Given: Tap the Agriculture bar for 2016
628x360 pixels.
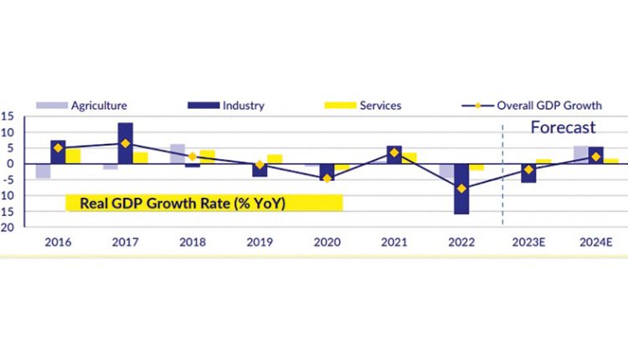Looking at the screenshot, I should click(x=43, y=171).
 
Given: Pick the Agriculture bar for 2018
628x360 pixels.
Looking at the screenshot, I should click(x=178, y=154).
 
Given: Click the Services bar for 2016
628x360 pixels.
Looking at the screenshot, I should click(x=73, y=157).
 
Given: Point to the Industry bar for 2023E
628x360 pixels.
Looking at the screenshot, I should click(x=528, y=173).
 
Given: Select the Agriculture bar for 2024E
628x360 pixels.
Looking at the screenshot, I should click(x=580, y=155).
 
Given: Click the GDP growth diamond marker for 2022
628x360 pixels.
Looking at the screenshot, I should click(x=461, y=188).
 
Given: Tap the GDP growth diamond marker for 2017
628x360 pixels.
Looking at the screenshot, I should click(x=125, y=143).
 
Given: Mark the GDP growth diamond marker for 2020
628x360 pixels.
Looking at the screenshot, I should click(x=327, y=178).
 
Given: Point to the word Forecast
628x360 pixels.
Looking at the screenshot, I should click(x=564, y=128).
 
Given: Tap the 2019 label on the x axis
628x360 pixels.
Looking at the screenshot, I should click(x=260, y=242).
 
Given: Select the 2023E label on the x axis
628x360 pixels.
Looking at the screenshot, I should click(x=528, y=242).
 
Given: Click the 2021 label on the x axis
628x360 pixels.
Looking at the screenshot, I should click(x=394, y=242).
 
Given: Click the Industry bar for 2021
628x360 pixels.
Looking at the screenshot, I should click(x=394, y=154).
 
